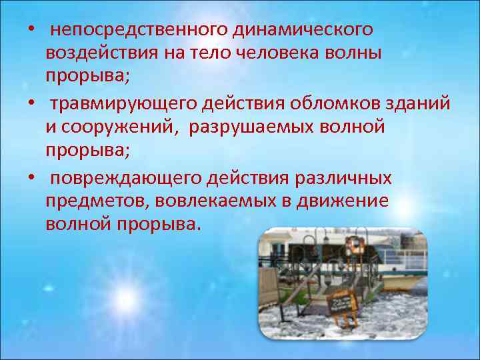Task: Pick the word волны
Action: coord(357,53)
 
